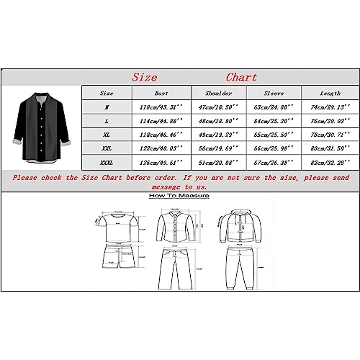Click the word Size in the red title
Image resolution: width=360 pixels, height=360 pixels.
146,77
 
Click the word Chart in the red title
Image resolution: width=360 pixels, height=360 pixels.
241,77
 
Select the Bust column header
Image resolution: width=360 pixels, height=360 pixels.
161,93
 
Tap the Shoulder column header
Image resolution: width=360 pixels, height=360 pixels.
219,93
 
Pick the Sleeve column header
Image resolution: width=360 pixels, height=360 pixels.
274,93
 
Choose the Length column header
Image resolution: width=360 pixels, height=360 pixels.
329,93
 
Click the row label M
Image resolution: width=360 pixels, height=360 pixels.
107,107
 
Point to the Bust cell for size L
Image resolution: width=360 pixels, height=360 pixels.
161,120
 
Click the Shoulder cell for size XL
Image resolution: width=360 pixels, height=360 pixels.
219,135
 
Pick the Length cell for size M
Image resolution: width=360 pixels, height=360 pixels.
329,107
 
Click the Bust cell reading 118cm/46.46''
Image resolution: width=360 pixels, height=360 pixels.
161,135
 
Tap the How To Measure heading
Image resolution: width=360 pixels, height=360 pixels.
179,195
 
